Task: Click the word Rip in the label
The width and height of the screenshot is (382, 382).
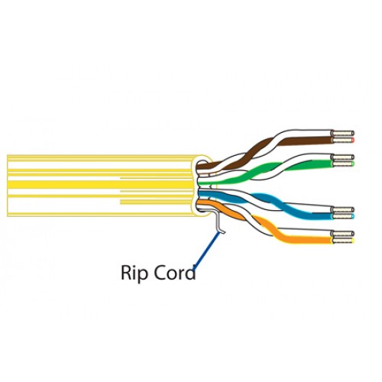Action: pyautogui.click(x=134, y=274)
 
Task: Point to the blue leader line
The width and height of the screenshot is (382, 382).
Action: pyautogui.click(x=206, y=251)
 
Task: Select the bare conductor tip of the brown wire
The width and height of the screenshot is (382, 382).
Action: pyautogui.click(x=343, y=140)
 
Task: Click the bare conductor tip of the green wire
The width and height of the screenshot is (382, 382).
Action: pyautogui.click(x=343, y=163)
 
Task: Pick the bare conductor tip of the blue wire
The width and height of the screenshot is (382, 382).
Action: pyautogui.click(x=343, y=216)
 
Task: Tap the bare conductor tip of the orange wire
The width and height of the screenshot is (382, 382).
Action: pyautogui.click(x=343, y=240)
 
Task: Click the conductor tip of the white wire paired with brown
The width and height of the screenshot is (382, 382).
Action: pyautogui.click(x=343, y=133)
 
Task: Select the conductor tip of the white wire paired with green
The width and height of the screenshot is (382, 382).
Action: pyautogui.click(x=343, y=157)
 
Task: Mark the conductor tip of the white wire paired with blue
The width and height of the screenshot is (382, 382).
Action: pyautogui.click(x=343, y=209)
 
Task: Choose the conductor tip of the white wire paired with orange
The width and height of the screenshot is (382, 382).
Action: pyautogui.click(x=343, y=233)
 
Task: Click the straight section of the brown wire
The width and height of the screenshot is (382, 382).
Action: pyautogui.click(x=306, y=141)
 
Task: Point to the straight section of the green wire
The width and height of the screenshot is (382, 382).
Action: pyautogui.click(x=319, y=163)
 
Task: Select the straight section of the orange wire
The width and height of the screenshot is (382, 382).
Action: pyautogui.click(x=308, y=240)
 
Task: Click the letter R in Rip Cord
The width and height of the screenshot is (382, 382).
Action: pyautogui.click(x=127, y=273)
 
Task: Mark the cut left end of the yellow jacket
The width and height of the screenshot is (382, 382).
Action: pyautogui.click(x=8, y=186)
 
